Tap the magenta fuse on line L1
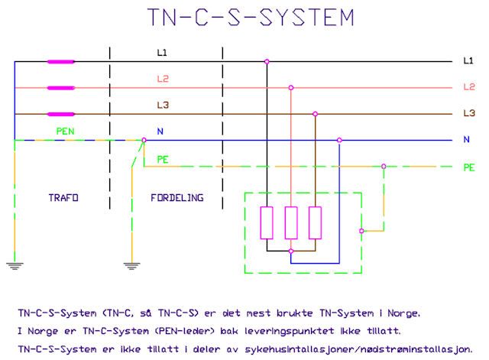(x=61, y=62)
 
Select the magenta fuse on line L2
(x=61, y=88)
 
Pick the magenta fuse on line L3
(x=61, y=114)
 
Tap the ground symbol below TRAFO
(x=14, y=266)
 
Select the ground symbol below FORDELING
(x=130, y=266)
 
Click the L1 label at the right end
(x=468, y=60)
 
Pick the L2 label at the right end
(x=468, y=87)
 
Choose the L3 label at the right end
(x=468, y=113)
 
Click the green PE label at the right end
(x=468, y=166)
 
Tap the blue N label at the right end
(x=466, y=140)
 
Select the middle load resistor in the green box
(x=291, y=222)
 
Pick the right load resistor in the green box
(x=315, y=222)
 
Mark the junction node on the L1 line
(x=267, y=62)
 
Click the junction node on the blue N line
(x=339, y=140)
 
